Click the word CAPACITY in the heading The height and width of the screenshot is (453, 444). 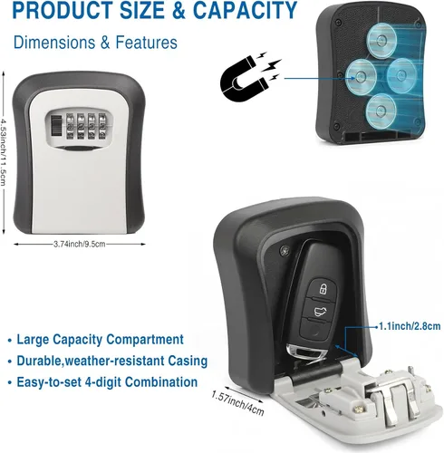tap(245, 10)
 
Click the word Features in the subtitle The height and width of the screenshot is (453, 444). tap(146, 43)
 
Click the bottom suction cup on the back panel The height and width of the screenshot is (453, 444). tap(381, 111)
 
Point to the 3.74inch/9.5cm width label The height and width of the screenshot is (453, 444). tap(80, 244)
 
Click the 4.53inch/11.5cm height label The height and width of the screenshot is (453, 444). tap(4, 152)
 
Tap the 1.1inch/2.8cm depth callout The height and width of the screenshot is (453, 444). tap(410, 326)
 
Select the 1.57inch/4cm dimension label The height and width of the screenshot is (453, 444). tap(237, 403)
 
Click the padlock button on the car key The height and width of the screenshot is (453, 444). tap(323, 289)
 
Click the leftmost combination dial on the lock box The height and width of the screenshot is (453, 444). tap(70, 126)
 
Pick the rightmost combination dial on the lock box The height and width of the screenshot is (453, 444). tap(102, 126)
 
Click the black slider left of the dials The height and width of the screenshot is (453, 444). tap(55, 126)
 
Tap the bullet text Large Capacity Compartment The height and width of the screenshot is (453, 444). tap(100, 339)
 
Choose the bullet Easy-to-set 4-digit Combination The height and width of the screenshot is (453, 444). tap(107, 381)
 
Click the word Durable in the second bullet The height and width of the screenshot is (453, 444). tap(39, 361)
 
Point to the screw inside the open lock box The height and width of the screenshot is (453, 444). tap(285, 250)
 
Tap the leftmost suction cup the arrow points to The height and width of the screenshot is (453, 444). tap(361, 76)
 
